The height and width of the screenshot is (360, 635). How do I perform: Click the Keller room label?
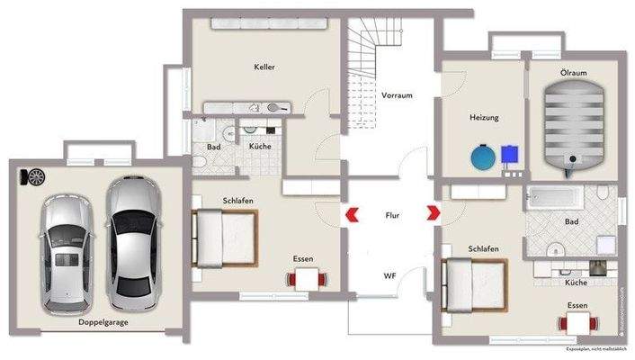(264, 67)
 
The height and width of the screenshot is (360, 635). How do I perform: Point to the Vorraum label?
(397, 94)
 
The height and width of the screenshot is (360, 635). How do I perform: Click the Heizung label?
(484, 118)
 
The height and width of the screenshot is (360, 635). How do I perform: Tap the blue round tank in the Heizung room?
(483, 157)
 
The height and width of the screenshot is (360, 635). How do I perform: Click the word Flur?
(392, 216)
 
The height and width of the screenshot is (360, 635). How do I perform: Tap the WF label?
(390, 274)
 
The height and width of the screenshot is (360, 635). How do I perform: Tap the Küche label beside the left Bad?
(260, 146)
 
